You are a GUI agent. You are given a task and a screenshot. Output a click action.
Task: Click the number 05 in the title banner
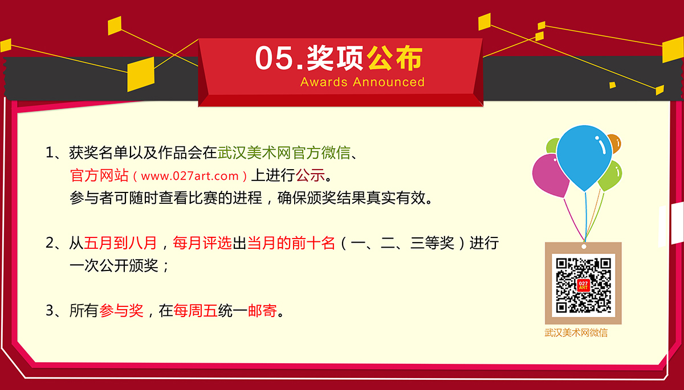click(274, 58)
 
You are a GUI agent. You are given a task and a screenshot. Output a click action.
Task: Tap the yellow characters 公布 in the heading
click(394, 58)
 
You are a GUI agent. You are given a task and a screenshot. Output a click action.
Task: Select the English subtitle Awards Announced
click(363, 82)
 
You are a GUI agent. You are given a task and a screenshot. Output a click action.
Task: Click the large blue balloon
click(584, 156)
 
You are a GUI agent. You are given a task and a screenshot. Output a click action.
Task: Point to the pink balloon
click(549, 175)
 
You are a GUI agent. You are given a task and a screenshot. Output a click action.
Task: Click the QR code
click(583, 285)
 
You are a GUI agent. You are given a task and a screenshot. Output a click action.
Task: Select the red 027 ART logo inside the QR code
click(583, 285)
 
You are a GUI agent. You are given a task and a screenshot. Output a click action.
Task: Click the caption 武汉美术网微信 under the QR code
click(576, 332)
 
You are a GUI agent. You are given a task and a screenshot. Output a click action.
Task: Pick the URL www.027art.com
click(190, 176)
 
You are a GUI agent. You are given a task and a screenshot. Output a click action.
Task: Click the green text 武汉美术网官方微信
click(284, 153)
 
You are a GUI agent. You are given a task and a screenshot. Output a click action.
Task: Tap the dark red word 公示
click(310, 175)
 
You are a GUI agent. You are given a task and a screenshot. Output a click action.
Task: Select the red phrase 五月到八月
click(120, 243)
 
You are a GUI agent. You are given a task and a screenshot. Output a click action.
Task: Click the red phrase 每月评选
click(202, 243)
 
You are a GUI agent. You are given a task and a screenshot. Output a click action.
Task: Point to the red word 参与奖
click(121, 311)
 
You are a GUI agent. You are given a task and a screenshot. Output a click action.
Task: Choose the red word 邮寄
click(262, 311)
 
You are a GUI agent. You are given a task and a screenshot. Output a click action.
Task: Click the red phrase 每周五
click(195, 311)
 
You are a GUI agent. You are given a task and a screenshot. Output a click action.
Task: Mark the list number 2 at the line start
click(50, 243)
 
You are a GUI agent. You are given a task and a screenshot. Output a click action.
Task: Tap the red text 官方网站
click(99, 175)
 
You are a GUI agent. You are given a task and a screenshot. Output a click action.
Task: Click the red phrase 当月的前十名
click(291, 243)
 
